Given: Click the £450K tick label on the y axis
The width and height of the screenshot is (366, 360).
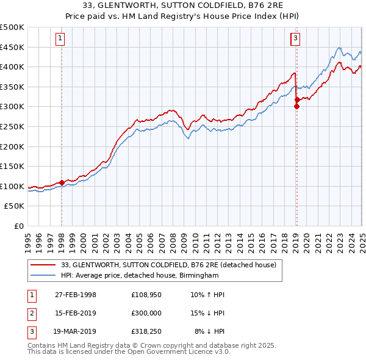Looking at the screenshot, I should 12,47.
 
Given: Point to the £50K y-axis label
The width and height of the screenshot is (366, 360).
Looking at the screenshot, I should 15,206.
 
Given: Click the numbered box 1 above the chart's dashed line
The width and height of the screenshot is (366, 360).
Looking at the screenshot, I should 62,39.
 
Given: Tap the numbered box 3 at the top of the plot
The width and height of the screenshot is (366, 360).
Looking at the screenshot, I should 295,39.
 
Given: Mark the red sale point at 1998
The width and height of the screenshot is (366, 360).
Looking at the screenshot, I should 62,182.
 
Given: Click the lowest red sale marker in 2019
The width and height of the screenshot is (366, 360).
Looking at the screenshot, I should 296,106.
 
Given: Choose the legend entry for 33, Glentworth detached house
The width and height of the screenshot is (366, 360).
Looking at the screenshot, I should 169,265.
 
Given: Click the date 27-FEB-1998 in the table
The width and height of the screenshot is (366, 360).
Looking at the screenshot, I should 76,295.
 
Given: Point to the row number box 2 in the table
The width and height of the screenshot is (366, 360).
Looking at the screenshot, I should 31,314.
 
